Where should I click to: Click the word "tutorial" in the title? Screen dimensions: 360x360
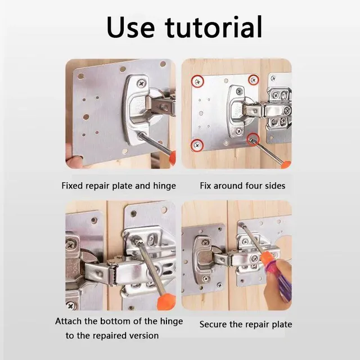click(214, 26)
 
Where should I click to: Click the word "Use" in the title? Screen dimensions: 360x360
click(130, 27)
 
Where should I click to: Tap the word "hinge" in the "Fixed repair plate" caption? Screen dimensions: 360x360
click(164, 186)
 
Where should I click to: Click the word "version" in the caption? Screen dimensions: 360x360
click(144, 336)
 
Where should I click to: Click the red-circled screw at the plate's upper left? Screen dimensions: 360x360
click(197, 81)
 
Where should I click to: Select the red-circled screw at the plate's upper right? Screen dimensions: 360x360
click(254, 80)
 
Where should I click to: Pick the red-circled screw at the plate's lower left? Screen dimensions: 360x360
click(197, 145)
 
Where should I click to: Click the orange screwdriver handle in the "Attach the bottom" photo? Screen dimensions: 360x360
click(166, 301)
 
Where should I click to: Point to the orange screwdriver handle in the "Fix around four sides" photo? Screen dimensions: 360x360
click(286, 164)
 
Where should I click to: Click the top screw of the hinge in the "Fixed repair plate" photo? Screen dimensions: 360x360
click(142, 83)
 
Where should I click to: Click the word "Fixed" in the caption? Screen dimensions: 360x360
click(73, 186)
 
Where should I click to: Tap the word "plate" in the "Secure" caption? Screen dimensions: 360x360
click(282, 325)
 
